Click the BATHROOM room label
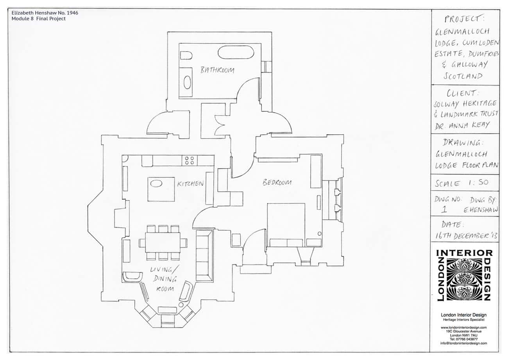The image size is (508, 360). (x=217, y=70)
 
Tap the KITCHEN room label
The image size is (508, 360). (x=190, y=184)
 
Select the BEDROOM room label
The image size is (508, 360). (x=277, y=182)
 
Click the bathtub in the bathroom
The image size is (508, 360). (x=236, y=52)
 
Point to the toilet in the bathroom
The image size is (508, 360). (x=186, y=55)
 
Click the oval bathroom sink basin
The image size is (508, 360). (x=187, y=82)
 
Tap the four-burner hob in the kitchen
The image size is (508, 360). (x=190, y=160)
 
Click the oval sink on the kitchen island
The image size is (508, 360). (x=156, y=184)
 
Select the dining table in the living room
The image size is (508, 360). (x=163, y=242)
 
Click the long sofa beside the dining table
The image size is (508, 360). (x=204, y=256)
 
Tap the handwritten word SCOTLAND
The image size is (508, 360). (x=463, y=76)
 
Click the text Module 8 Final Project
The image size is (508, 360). (x=39, y=19)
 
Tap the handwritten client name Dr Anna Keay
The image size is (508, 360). (x=462, y=125)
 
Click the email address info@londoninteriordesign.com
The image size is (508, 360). (x=463, y=343)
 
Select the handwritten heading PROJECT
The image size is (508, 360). (x=464, y=19)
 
